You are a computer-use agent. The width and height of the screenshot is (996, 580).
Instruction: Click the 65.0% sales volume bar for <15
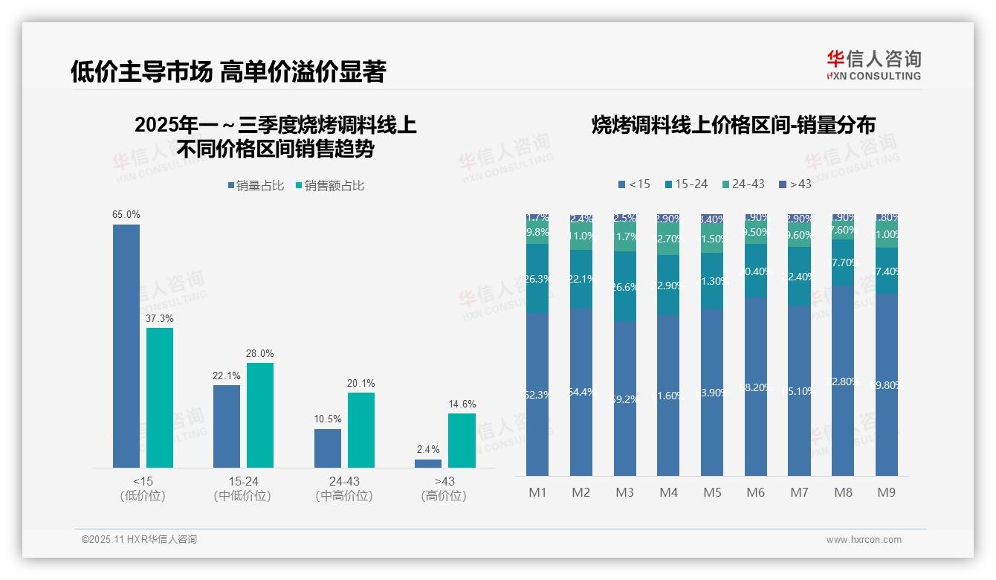[x=126, y=346]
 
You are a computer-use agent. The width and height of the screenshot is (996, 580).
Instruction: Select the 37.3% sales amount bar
[x=160, y=397]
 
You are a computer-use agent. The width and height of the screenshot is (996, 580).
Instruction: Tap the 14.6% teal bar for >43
[x=462, y=440]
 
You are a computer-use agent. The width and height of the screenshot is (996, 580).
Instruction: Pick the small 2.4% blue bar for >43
[x=428, y=463]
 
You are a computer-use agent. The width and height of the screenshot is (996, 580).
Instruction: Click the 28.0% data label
[x=260, y=353]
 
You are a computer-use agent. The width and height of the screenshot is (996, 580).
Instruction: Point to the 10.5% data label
[x=328, y=419]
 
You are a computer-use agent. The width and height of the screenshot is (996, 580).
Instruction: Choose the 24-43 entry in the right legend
[x=743, y=184]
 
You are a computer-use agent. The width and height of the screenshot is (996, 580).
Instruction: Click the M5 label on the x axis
[x=712, y=492]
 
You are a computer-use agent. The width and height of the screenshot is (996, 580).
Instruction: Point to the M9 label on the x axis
[x=887, y=492]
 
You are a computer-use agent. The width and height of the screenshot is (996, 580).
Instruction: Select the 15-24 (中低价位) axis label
[x=242, y=489]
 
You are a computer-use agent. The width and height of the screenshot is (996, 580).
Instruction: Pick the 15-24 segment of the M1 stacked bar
[x=537, y=279]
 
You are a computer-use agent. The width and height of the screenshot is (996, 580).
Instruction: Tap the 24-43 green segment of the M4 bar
[x=668, y=239]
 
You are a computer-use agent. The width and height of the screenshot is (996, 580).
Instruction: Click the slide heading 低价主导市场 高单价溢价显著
[x=228, y=71]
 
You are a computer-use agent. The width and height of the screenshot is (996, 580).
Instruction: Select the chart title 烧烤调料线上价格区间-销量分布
[x=733, y=125]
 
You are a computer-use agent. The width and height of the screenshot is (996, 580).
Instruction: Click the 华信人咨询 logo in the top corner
[x=873, y=65]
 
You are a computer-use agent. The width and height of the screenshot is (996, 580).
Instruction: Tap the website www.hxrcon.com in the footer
[x=863, y=540]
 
